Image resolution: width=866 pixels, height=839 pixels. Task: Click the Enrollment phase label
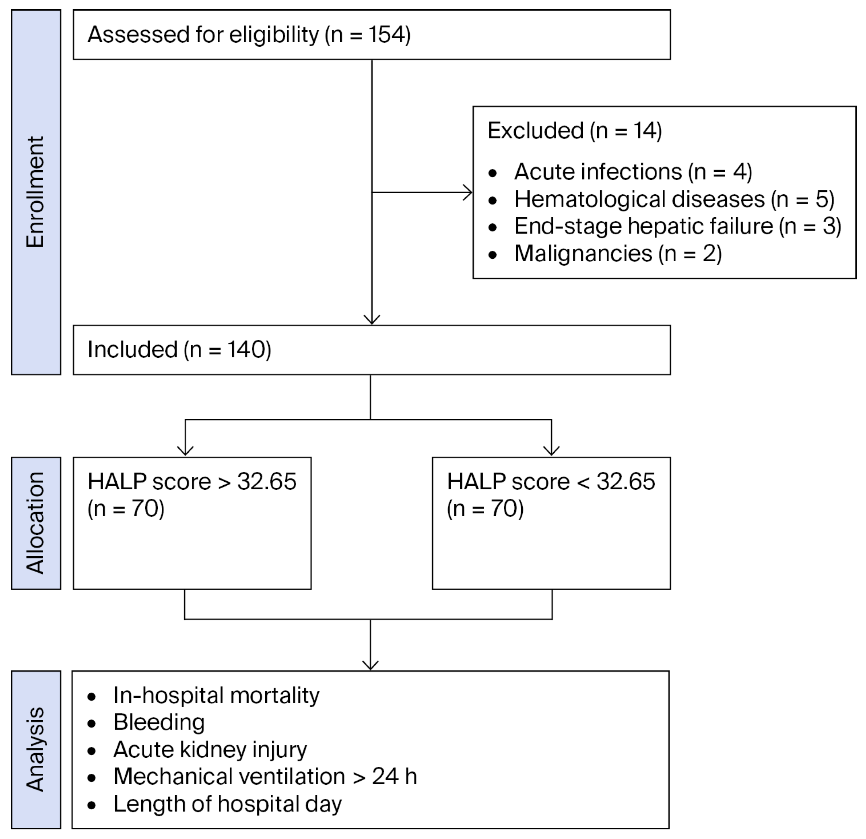pos(35,192)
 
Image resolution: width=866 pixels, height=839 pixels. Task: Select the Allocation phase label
pos(35,523)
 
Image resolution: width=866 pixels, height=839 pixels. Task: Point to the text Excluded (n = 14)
pos(574,131)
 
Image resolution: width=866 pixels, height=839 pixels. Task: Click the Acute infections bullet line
pos(633,172)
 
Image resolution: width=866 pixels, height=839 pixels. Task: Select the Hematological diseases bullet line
pos(674,199)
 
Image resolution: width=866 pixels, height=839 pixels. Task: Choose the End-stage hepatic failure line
pos(677,226)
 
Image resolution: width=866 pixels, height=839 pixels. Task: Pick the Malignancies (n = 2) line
pos(618,254)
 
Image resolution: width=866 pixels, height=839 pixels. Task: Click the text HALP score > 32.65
pos(192,482)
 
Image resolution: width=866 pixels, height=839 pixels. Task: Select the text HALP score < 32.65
pos(551,482)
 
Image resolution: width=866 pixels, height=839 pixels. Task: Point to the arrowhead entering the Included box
pos(372,320)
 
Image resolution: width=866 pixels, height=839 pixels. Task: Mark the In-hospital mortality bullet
pos(216,695)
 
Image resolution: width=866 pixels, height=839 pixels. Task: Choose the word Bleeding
pos(159,723)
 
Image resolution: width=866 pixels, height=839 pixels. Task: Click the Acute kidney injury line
pos(210,750)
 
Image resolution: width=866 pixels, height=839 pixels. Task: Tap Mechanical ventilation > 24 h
pos(265,777)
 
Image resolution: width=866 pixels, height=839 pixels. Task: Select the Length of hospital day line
pos(227,804)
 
